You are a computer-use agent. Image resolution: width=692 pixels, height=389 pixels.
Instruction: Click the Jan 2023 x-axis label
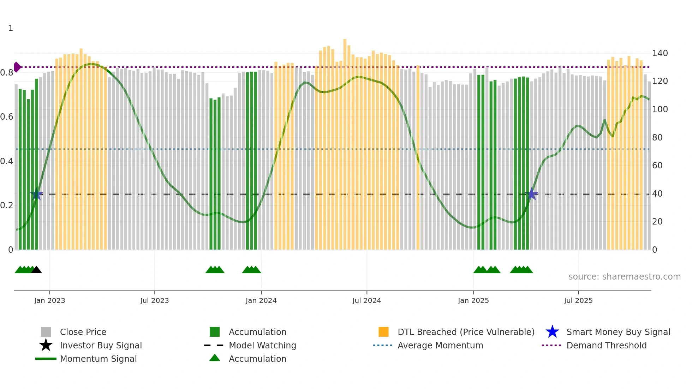[49, 300]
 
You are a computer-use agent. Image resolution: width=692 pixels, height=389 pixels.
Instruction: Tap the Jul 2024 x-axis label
[366, 300]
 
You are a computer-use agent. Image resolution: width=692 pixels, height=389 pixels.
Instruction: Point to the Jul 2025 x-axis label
[578, 300]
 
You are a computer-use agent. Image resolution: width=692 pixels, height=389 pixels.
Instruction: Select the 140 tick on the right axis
[660, 53]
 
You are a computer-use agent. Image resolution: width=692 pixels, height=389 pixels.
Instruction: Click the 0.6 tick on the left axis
[7, 117]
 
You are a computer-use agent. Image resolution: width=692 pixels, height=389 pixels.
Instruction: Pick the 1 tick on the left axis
[11, 28]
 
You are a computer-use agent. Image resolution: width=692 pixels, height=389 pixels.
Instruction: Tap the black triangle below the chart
[36, 270]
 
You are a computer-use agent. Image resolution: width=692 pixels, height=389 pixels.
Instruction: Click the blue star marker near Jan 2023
[36, 194]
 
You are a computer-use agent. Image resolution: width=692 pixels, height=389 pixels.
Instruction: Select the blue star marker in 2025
[532, 194]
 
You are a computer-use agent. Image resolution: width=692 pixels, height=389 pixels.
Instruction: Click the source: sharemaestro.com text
[624, 277]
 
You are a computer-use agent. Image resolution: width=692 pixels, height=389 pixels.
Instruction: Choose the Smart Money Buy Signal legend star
[552, 332]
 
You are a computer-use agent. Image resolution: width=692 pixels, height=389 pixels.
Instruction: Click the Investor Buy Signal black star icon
[46, 345]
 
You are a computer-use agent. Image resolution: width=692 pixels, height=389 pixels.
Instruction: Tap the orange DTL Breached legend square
[383, 332]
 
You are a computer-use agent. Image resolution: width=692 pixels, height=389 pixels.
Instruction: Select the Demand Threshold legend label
[606, 345]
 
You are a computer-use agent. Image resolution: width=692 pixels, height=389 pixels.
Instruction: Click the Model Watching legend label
[262, 345]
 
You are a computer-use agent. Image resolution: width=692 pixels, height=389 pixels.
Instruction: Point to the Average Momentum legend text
[440, 345]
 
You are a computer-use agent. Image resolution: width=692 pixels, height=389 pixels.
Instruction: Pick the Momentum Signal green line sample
[46, 359]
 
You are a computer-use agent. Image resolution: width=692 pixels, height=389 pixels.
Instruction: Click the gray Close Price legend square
[46, 332]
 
